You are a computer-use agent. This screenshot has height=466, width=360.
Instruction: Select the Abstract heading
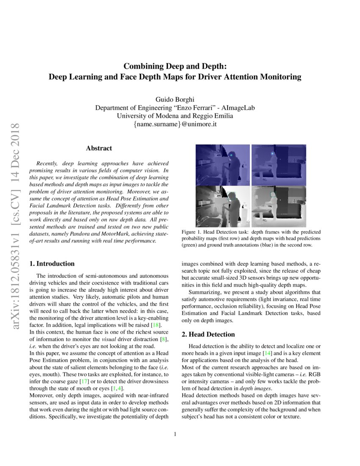[99, 148]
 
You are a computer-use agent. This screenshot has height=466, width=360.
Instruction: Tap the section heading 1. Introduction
[52, 264]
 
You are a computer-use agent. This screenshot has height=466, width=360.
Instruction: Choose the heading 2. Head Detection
[208, 334]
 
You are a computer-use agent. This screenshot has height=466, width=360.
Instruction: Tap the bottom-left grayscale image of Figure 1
[223, 206]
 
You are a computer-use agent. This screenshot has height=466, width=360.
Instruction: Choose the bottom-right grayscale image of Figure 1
[279, 206]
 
